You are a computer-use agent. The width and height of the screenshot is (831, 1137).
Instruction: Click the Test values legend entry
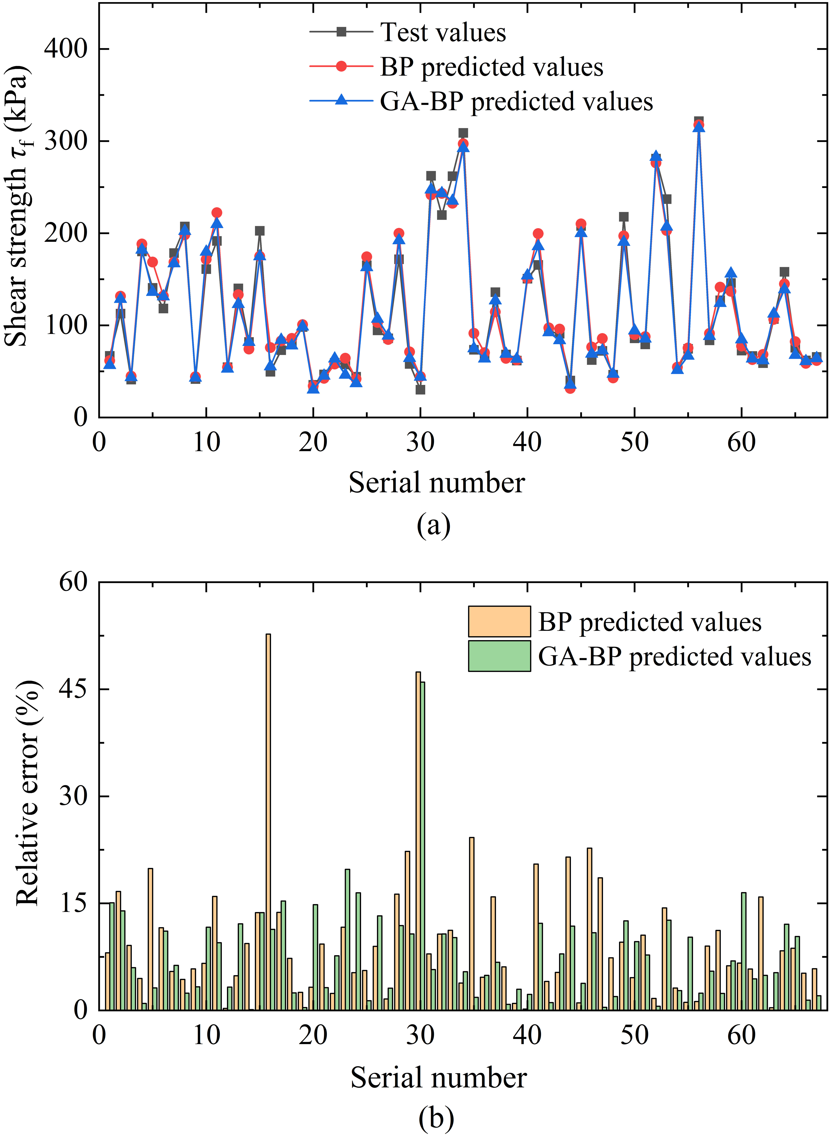(x=407, y=32)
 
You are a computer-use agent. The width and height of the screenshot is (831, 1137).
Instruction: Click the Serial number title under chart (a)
(x=437, y=482)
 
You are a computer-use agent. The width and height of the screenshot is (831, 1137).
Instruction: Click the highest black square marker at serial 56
(x=699, y=121)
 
